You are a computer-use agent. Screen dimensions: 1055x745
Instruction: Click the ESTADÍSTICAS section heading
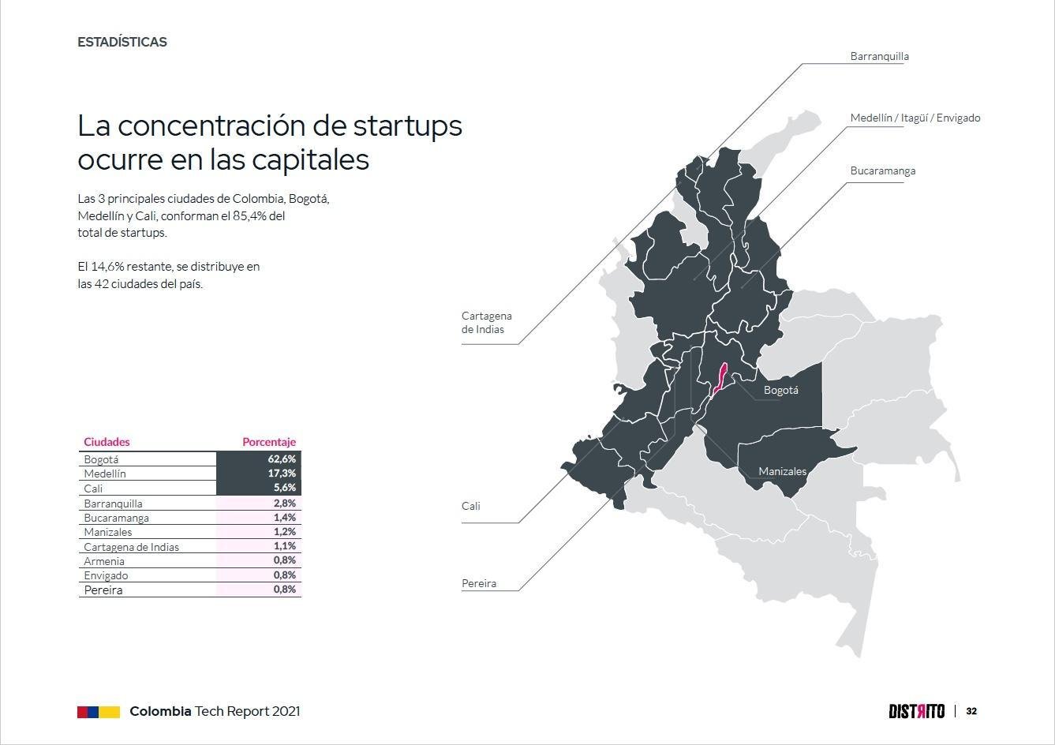tap(122, 42)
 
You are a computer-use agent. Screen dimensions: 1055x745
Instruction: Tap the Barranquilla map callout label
tap(879, 57)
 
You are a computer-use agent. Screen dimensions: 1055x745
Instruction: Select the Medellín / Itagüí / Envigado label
tap(915, 118)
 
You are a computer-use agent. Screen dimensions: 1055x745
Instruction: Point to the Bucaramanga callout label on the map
tap(883, 171)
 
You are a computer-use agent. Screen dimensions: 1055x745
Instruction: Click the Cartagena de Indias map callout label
tap(487, 323)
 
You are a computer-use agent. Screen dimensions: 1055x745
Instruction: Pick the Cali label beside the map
tap(470, 506)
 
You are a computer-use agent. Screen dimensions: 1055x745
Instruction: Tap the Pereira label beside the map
tap(479, 583)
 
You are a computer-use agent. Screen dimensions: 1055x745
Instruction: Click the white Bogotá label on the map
tap(781, 391)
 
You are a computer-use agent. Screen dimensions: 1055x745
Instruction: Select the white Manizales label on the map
tap(782, 471)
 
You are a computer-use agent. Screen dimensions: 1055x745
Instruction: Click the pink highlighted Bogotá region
tap(720, 379)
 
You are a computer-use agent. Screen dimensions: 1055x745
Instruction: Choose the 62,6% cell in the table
tap(282, 459)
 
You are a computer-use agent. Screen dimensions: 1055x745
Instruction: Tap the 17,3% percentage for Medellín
tap(282, 473)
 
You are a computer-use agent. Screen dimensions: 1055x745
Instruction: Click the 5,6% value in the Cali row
tap(285, 488)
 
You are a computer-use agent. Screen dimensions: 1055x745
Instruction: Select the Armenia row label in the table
tap(104, 561)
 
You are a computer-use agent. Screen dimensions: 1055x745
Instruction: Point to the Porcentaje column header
tap(269, 442)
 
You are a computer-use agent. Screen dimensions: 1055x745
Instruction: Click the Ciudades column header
tap(107, 442)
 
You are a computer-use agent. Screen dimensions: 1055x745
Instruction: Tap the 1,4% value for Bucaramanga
tap(285, 518)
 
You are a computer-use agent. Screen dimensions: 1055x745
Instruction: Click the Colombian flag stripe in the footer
tap(99, 712)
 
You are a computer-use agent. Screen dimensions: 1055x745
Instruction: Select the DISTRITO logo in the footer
tap(917, 712)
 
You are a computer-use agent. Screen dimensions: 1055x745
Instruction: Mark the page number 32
tap(971, 712)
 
